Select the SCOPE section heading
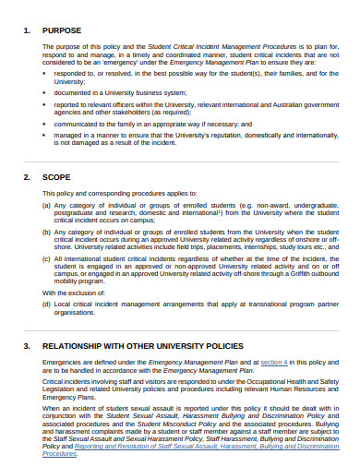click(57, 175)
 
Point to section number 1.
click(25, 30)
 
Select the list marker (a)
click(47, 206)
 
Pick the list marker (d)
click(47, 303)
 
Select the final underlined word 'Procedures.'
click(60, 454)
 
